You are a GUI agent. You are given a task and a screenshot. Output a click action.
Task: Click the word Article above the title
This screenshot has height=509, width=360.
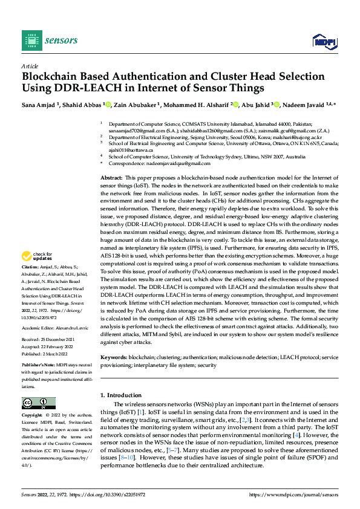pos(30,66)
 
